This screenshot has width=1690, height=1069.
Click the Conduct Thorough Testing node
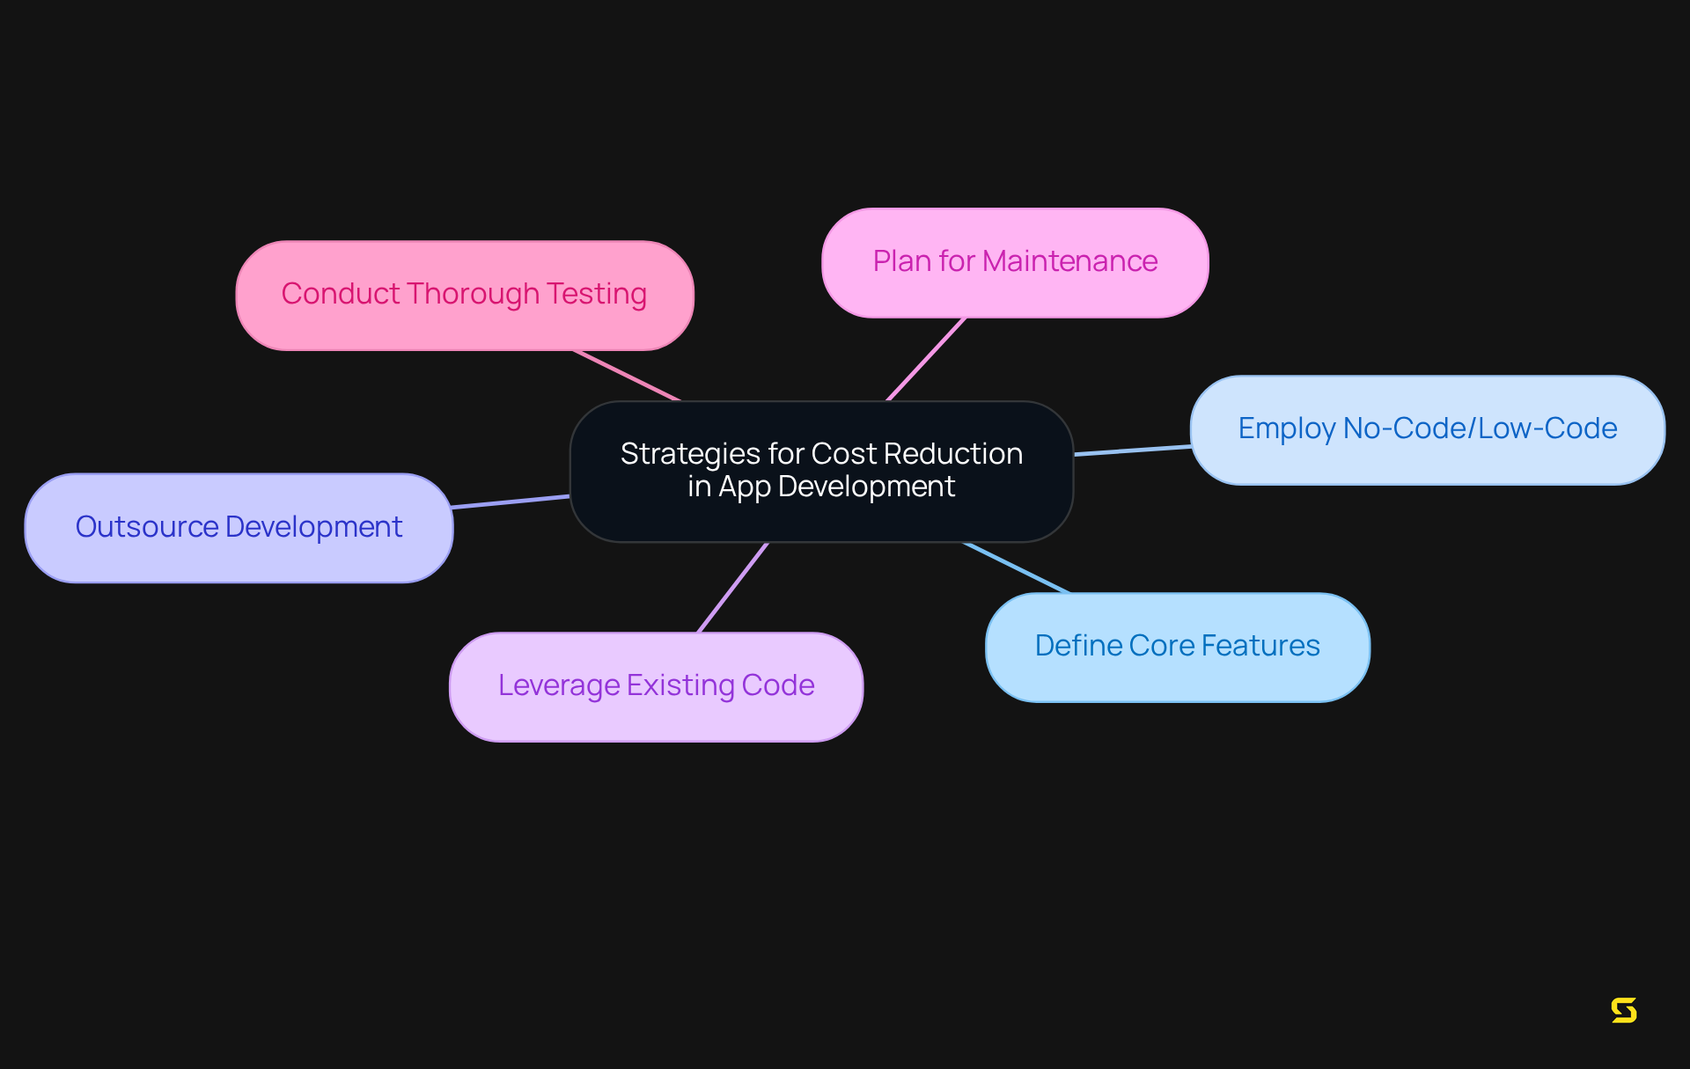click(x=465, y=296)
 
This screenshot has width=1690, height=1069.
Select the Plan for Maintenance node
click(x=1014, y=263)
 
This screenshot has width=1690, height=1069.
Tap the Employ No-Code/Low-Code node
click(x=1427, y=430)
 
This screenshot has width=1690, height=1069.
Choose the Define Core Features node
click(x=1177, y=648)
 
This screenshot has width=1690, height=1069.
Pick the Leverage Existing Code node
click(x=656, y=687)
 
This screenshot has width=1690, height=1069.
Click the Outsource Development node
click(x=239, y=528)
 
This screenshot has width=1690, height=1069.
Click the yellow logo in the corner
click(x=1624, y=1010)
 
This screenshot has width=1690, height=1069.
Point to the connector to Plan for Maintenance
click(x=926, y=359)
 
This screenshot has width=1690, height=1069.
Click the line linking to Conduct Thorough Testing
click(x=627, y=376)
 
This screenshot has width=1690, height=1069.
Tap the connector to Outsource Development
click(x=511, y=502)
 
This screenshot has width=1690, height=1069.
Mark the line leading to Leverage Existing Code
click(x=733, y=587)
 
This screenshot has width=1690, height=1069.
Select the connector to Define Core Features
click(x=1017, y=567)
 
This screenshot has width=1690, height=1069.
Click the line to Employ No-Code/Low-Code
click(x=1133, y=450)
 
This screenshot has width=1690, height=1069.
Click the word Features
click(x=1260, y=646)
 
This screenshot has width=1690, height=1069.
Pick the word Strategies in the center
click(x=690, y=454)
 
